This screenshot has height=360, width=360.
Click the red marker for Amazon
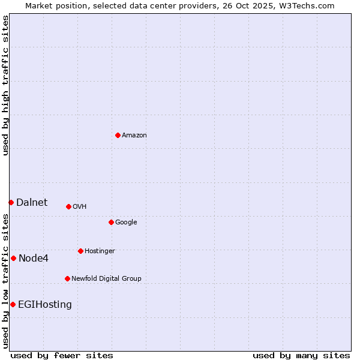(x=118, y=135)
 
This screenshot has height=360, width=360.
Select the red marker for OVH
(x=68, y=206)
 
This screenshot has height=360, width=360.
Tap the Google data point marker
(x=111, y=222)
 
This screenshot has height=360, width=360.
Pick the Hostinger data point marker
(x=80, y=251)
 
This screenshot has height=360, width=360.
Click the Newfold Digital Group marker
(x=67, y=278)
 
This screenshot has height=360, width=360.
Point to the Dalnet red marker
(x=11, y=202)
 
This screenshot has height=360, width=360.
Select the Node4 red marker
(x=13, y=258)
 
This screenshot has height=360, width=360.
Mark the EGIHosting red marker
(x=13, y=304)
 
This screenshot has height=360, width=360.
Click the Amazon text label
(x=134, y=136)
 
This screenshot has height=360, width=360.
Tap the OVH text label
(x=80, y=207)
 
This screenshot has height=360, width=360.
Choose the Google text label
(x=126, y=223)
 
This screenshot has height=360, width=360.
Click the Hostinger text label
(x=100, y=251)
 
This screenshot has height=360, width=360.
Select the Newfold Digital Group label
(x=106, y=278)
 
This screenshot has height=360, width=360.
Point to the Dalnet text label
(x=32, y=203)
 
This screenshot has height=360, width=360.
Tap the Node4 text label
(x=34, y=259)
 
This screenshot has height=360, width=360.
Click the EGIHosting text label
(x=45, y=305)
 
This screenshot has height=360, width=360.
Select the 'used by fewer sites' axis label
(x=62, y=355)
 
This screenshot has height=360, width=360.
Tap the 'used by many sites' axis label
(x=301, y=355)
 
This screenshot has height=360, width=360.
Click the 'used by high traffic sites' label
(x=5, y=85)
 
